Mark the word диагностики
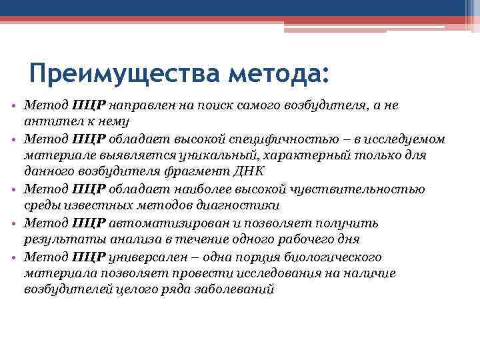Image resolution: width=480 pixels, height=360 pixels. click(x=243, y=205)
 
